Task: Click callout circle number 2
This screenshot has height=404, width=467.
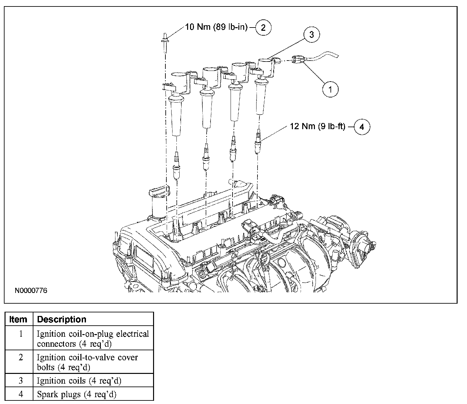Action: click(x=263, y=28)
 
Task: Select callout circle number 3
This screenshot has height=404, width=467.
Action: click(x=311, y=35)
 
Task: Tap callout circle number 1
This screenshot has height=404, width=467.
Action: click(x=330, y=89)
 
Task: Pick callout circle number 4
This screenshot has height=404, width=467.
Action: click(x=362, y=127)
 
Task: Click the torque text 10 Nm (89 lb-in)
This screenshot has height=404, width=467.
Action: click(x=216, y=27)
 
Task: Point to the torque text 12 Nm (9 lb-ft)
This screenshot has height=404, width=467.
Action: click(x=318, y=126)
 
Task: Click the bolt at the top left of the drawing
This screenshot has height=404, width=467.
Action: click(x=165, y=44)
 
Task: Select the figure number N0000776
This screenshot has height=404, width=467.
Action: click(x=31, y=290)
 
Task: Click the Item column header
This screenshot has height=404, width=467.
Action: click(x=18, y=319)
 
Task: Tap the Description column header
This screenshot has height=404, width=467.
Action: click(x=62, y=319)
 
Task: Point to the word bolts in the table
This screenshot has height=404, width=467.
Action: click(x=46, y=367)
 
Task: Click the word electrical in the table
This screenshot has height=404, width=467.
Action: click(x=132, y=334)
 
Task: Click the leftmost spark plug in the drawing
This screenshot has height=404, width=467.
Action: click(x=176, y=165)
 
